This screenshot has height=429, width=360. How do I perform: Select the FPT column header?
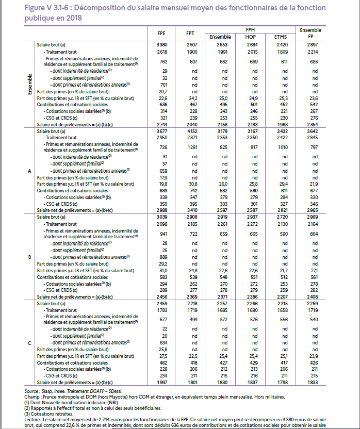pos(190,34)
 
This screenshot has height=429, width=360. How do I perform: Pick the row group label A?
pos(29,170)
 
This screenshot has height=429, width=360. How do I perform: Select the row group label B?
pos(29,257)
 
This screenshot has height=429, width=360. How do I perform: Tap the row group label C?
pos(29,343)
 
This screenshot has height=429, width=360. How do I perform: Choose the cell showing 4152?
pos(191,132)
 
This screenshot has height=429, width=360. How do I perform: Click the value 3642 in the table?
pos(310,132)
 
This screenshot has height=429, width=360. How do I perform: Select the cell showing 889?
pos(161,257)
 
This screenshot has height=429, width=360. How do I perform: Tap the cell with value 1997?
pos(161,383)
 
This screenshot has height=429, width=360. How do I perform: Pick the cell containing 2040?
pos(191,125)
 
